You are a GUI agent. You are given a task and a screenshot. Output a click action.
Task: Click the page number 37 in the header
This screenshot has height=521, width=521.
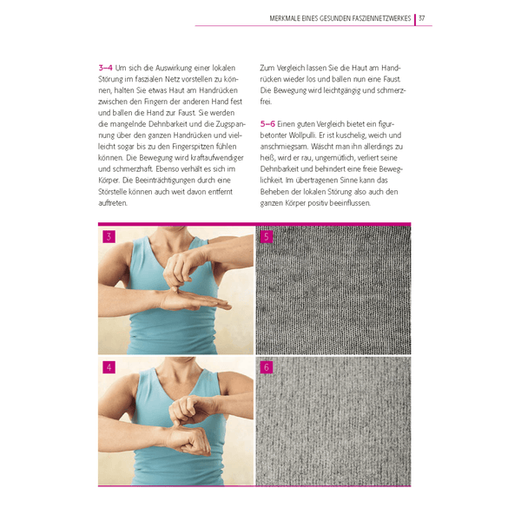422,18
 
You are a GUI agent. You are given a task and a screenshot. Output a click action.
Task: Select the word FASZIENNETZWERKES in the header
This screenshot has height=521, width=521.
381,18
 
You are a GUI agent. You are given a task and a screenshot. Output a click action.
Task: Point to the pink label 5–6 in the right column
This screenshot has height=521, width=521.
268,123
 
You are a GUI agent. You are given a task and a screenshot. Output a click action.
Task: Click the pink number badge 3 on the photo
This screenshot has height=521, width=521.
109,236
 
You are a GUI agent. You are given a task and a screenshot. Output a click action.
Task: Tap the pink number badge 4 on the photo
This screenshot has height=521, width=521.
109,366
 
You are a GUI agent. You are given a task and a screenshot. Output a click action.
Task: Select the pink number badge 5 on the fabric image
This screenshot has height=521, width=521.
266,236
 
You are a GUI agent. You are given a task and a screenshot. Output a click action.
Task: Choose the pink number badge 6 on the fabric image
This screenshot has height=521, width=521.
266,366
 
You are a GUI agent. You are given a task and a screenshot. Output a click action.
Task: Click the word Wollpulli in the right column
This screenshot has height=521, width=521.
308,135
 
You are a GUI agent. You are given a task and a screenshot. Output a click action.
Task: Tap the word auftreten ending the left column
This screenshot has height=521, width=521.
113,202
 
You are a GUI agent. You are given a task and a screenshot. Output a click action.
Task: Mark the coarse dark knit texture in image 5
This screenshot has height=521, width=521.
334,291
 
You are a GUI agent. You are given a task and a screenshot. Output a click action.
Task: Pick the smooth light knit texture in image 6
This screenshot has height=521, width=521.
334,421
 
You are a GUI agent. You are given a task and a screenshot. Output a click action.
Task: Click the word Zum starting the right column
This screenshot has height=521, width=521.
267,67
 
